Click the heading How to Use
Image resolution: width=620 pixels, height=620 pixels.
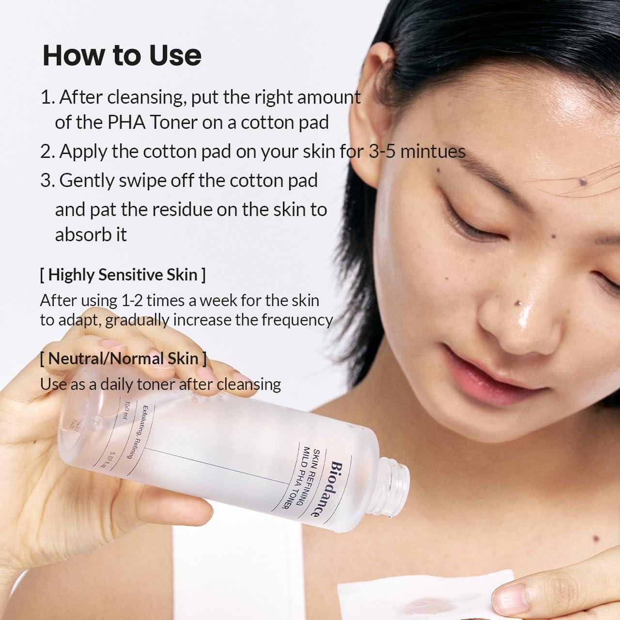[x=122, y=55]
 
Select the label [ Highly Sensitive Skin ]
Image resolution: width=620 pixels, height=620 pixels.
[x=123, y=275]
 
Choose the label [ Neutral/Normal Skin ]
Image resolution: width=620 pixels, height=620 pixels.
[x=123, y=358]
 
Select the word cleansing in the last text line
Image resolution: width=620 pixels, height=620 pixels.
[x=248, y=384]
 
